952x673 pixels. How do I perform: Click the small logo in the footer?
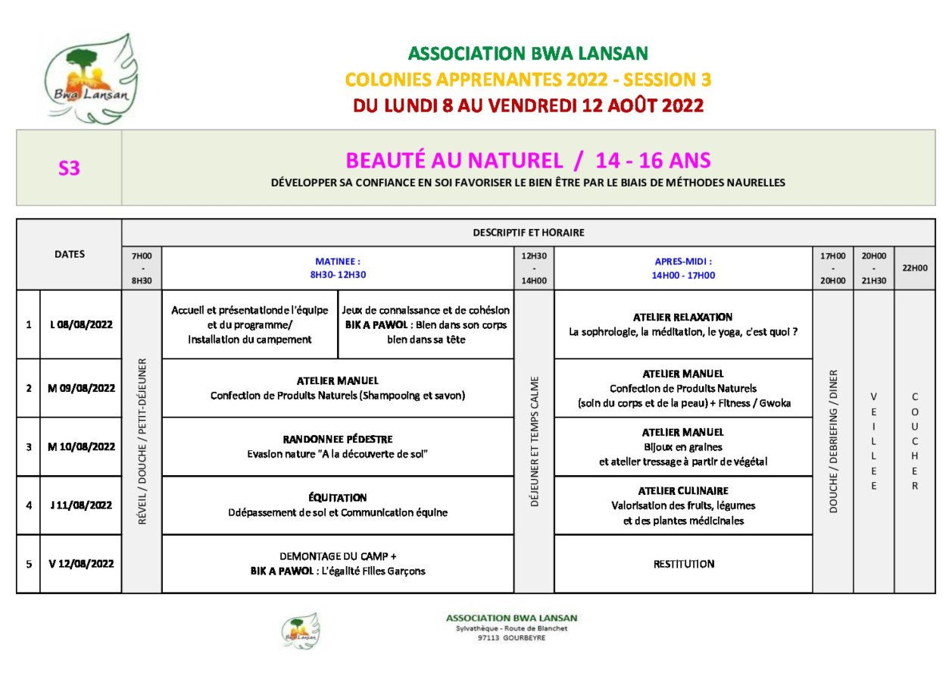point(300,631)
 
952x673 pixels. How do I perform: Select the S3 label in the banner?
point(69,168)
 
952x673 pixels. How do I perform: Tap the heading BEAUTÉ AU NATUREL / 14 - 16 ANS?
point(528,161)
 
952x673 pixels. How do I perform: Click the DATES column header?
point(70,255)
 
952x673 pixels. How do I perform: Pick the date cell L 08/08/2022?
point(81,325)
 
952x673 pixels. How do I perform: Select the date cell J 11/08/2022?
point(81,506)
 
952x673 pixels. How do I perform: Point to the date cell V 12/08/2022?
point(81,564)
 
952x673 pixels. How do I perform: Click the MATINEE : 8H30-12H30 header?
point(338,268)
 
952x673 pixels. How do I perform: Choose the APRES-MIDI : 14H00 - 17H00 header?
point(682,268)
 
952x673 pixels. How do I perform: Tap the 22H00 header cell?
point(914,268)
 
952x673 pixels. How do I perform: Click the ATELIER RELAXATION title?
point(682,318)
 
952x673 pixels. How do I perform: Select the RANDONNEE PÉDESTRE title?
point(338,440)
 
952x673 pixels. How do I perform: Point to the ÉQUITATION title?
point(338,498)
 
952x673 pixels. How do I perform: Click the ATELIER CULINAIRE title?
point(682,490)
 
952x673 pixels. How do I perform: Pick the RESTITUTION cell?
point(683,564)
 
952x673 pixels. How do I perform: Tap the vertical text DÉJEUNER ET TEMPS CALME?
point(535,442)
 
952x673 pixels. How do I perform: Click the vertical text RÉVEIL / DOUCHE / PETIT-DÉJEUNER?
point(142,442)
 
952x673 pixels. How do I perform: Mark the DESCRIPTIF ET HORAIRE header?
point(528,233)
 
